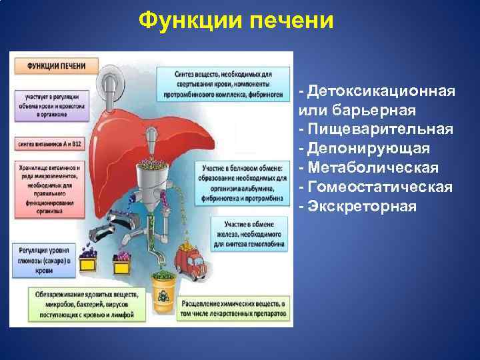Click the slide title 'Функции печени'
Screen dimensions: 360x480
pos(235,21)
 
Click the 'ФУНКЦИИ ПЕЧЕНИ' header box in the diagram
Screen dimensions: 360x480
pos(55,67)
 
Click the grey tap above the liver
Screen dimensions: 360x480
pos(111,83)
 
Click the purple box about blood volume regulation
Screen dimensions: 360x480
pos(53,105)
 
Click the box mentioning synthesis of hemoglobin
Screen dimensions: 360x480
pos(247,235)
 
